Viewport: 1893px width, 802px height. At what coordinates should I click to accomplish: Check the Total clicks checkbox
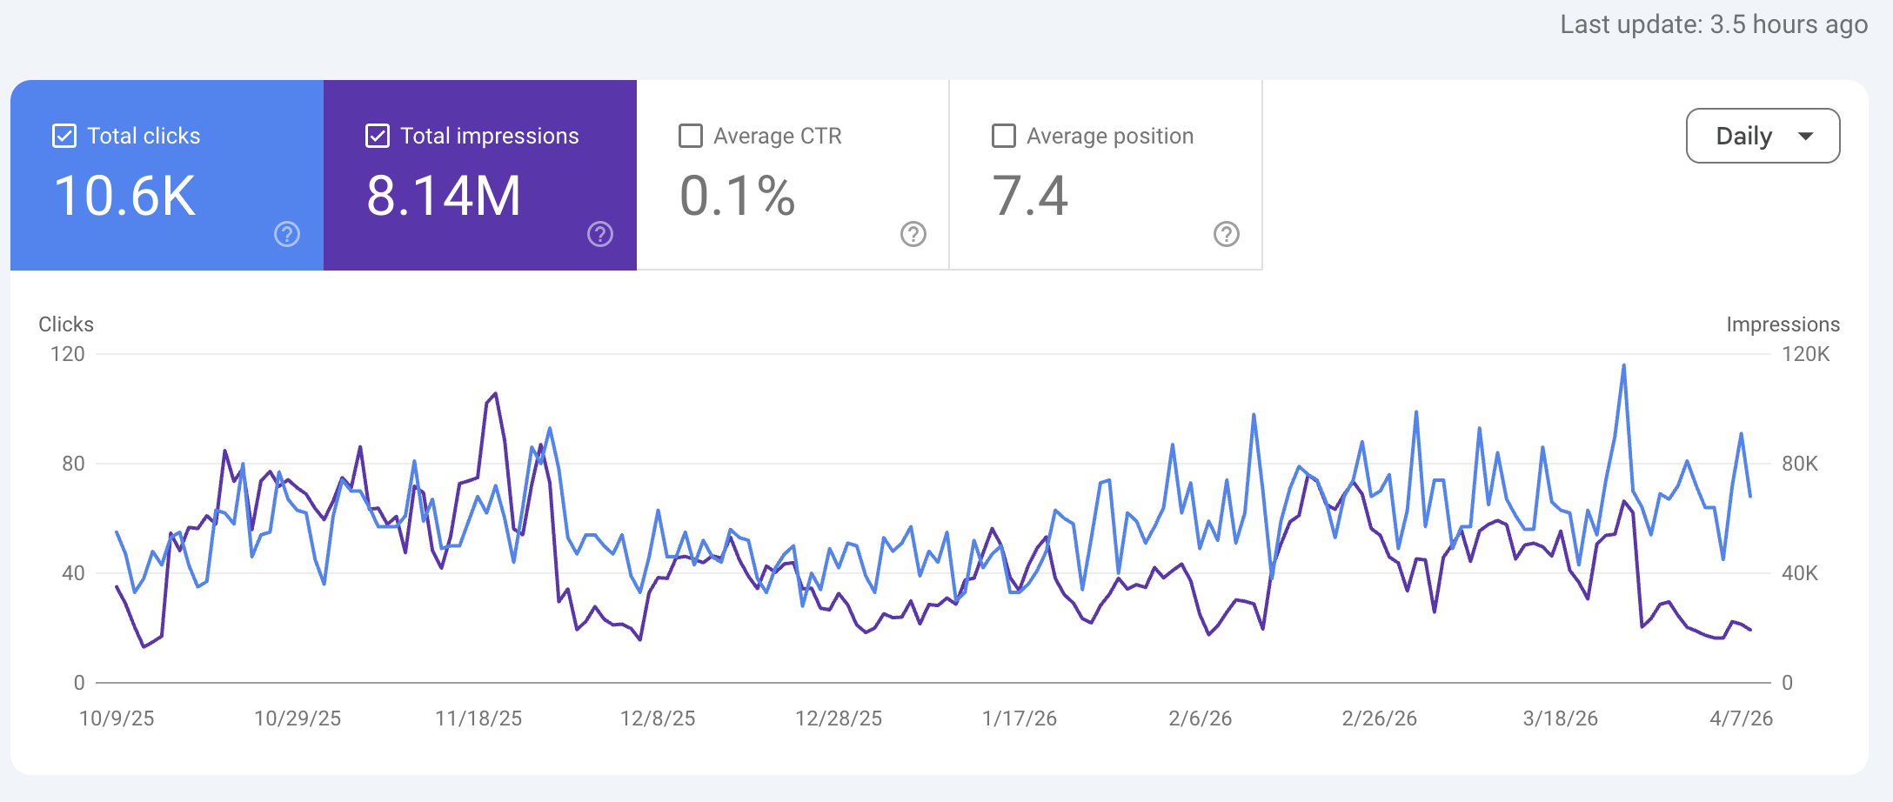coord(64,136)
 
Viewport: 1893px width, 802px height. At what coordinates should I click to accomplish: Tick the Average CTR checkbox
coord(691,136)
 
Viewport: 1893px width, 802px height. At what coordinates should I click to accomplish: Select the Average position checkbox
coord(1004,136)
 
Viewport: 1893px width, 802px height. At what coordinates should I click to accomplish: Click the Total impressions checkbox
coord(378,136)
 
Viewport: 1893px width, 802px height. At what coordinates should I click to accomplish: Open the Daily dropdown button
coord(1763,136)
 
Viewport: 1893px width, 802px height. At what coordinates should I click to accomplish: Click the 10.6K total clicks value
coord(124,196)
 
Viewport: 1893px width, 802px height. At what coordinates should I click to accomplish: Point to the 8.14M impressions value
coord(443,196)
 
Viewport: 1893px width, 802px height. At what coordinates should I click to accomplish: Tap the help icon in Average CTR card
coord(913,234)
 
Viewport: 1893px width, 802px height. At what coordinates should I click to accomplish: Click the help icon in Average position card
coord(1226,234)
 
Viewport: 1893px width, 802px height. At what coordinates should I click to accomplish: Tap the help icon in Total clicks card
coord(287,234)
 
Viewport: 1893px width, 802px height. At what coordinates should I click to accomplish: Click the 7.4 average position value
coord(1029,196)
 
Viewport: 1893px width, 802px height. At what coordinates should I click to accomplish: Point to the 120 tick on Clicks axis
coord(68,354)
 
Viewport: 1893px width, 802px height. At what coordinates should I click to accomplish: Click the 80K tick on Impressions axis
coord(1799,464)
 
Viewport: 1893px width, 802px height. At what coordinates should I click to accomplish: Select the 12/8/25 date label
coord(658,718)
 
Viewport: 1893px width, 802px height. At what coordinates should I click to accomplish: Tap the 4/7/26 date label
coord(1741,718)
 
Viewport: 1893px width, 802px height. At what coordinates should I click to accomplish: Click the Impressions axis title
coord(1783,324)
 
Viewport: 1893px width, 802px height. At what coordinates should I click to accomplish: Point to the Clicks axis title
coord(66,324)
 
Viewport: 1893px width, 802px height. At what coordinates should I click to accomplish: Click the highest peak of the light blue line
coord(1623,366)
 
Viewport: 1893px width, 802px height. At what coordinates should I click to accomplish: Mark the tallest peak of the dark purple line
coord(496,393)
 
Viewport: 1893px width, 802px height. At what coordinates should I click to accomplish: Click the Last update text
coord(1713,24)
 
